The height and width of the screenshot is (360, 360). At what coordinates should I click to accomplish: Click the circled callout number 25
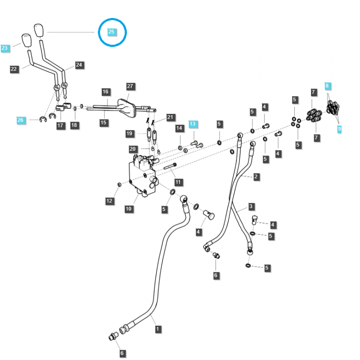pos(111,32)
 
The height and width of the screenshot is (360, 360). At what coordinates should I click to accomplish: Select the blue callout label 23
pos(5,48)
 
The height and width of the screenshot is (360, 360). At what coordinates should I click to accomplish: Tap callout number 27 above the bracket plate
pos(130,86)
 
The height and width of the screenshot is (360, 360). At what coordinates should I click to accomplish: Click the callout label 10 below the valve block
pos(129,208)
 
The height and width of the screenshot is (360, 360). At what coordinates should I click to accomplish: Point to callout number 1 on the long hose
pos(157,329)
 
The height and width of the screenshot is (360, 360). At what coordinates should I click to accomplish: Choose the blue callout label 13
pos(193,124)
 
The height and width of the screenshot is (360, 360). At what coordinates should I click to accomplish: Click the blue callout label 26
pos(21,120)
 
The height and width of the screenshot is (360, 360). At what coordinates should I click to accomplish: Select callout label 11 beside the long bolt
pos(179,182)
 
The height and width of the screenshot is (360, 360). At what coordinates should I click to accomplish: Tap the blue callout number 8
pos(328,85)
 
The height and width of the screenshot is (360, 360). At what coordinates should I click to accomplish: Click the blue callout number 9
pos(340,129)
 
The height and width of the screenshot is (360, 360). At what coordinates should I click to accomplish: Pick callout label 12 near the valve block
pos(110,201)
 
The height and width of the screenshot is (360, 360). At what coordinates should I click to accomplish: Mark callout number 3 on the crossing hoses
pos(252,207)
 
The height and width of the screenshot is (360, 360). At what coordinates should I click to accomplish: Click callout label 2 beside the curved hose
pos(256,177)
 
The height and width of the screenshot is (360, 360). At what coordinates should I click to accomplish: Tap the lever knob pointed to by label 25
pos(39,31)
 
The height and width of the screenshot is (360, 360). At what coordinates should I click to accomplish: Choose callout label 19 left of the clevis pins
pos(130,134)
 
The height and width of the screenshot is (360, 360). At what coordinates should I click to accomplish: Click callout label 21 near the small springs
pos(170,117)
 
